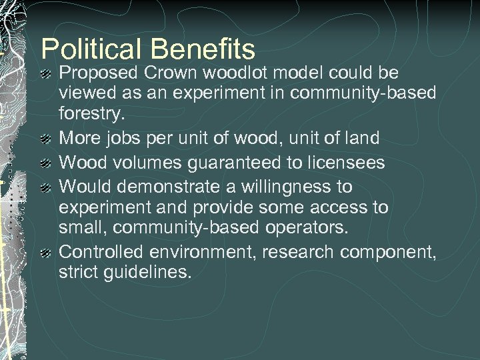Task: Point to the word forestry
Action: pos(91,113)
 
